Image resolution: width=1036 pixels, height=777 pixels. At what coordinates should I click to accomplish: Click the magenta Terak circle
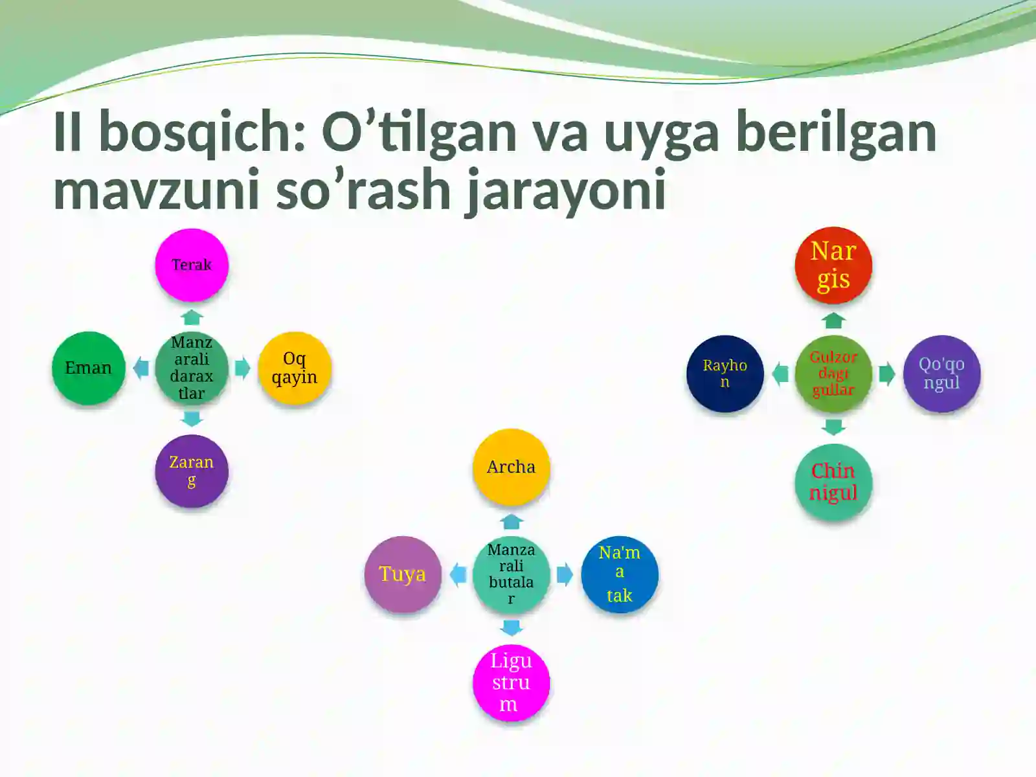(192, 265)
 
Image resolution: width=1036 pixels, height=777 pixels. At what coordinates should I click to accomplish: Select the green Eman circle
(89, 368)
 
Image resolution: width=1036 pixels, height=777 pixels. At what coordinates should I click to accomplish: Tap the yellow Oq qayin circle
(295, 368)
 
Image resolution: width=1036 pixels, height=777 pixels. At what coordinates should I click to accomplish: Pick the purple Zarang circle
(192, 471)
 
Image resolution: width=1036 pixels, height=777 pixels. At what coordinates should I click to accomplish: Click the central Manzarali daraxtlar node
(192, 368)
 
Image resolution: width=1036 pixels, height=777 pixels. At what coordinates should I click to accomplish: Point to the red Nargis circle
(833, 265)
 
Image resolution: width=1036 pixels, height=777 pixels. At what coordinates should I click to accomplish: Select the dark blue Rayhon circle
(725, 374)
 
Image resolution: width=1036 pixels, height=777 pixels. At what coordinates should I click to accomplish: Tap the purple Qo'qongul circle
(941, 374)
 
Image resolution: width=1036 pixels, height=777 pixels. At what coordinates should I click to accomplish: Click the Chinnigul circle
(833, 482)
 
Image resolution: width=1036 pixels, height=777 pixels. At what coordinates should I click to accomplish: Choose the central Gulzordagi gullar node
(833, 374)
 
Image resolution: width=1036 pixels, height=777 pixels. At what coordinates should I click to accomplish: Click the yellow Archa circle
(512, 467)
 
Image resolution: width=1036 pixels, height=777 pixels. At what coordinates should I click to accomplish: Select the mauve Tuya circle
(403, 574)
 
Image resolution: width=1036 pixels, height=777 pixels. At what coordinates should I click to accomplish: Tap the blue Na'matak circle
(620, 574)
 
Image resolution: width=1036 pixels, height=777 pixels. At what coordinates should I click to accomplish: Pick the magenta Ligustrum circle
(512, 682)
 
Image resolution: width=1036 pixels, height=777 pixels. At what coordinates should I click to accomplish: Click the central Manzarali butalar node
(512, 574)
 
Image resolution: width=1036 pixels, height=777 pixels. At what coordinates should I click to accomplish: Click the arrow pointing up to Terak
(192, 317)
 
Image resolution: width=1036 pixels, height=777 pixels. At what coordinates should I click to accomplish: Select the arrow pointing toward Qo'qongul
(887, 374)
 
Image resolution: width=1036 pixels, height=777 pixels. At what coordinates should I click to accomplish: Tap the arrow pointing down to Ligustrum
(512, 627)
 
